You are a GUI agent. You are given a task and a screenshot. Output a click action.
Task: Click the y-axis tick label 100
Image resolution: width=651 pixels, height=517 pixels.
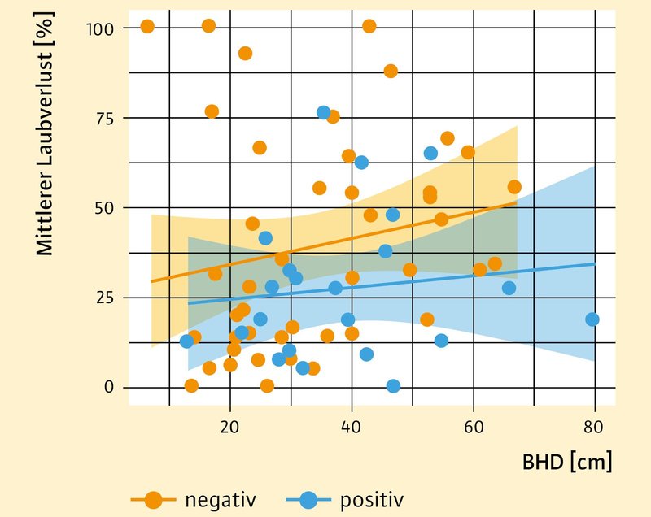coord(102,28)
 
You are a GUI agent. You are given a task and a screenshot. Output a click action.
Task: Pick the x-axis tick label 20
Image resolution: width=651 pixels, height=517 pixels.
coord(230,426)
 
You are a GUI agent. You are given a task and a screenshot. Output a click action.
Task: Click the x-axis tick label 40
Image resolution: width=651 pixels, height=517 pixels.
coord(352,426)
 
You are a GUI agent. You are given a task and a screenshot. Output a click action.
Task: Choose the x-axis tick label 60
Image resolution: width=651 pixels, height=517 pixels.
coord(473,426)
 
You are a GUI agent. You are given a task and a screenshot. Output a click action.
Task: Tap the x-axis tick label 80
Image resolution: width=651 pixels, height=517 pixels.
coord(594,426)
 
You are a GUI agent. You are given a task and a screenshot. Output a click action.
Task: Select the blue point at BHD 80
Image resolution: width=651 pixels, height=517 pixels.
coord(592,319)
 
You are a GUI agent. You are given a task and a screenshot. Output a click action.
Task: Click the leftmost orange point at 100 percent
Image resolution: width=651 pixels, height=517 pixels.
coord(147,26)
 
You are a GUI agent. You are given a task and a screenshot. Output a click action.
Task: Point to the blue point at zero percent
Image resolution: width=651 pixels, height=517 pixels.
coord(393,386)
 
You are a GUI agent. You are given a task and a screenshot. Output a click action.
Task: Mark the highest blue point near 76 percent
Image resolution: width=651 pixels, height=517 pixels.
coord(323,112)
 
